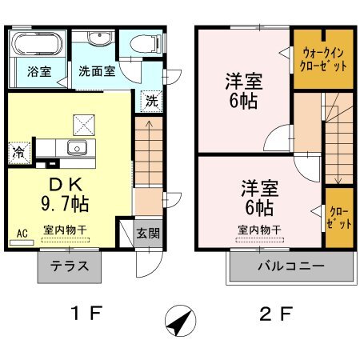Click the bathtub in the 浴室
pyautogui.click(x=38, y=44)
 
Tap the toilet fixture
pyautogui.click(x=146, y=43)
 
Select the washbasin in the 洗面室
pyautogui.click(x=99, y=38)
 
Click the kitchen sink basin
pyautogui.click(x=77, y=148)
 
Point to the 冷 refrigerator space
pyautogui.click(x=19, y=153)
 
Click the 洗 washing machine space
pyautogui.click(x=151, y=102)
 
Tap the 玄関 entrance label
pyautogui.click(x=148, y=234)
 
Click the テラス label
pyautogui.click(x=70, y=266)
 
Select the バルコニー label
pyautogui.click(x=291, y=266)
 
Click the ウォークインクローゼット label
pyautogui.click(x=323, y=60)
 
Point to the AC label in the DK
pyautogui.click(x=22, y=234)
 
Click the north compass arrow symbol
pyautogui.click(x=181, y=321)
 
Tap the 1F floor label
pyautogui.click(x=86, y=313)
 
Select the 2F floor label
pyautogui.click(x=276, y=314)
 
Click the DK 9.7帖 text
pyautogui.click(x=66, y=195)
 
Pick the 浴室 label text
pyautogui.click(x=39, y=72)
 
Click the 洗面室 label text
pyautogui.click(x=97, y=71)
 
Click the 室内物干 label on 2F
pyautogui.click(x=259, y=230)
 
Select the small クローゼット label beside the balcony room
pyautogui.click(x=339, y=218)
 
